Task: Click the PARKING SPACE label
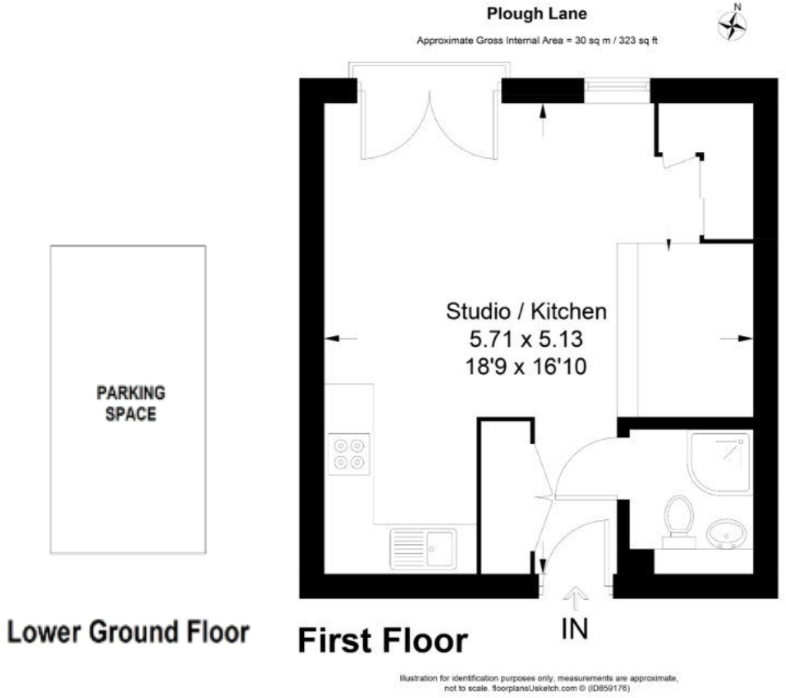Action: (130, 403)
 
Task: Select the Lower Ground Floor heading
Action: (129, 633)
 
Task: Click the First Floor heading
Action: (381, 640)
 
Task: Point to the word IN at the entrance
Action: (575, 629)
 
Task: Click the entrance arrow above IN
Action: (575, 596)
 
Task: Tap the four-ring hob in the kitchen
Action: (349, 452)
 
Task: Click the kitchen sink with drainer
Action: (422, 549)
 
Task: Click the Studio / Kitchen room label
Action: (527, 312)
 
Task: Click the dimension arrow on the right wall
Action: (738, 337)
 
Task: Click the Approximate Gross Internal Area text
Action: (537, 41)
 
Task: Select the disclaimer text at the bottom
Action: (537, 683)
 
